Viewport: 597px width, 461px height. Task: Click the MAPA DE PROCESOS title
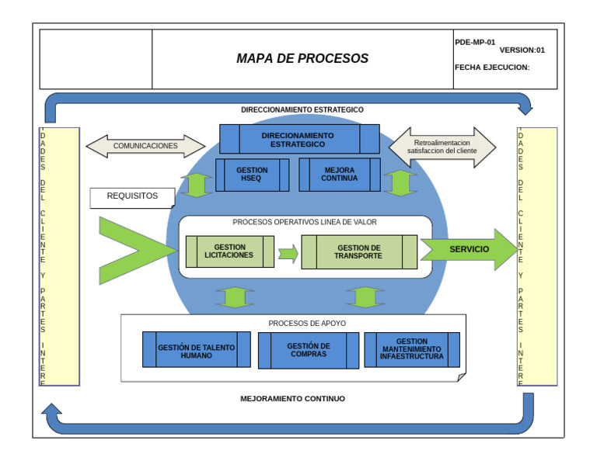pos(302,59)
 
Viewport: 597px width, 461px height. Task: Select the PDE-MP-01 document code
pos(475,43)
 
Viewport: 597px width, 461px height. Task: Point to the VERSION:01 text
pos(522,50)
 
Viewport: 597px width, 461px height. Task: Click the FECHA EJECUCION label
pos(491,68)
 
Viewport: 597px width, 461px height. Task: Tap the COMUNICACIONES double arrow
pos(145,146)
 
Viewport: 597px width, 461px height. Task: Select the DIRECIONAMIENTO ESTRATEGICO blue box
pos(298,140)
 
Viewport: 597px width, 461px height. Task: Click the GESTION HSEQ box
pos(252,175)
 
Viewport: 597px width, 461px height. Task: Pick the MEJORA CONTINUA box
pos(340,175)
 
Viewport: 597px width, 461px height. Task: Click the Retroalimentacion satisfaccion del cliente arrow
pos(442,147)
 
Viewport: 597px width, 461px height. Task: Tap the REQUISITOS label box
pos(131,197)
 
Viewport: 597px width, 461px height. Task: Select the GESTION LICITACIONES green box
pos(229,251)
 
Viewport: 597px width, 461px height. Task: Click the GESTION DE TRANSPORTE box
pos(359,251)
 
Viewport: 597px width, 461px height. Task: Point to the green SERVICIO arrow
pos(468,249)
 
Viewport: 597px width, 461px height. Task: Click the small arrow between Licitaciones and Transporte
pos(288,253)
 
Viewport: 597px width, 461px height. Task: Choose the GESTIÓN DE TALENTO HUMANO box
pos(196,350)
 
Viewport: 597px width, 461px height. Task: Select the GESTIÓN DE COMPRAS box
pos(309,350)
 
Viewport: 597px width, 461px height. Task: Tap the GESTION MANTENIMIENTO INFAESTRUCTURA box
pos(412,349)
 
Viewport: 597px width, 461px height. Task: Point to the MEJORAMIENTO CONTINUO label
pos(292,399)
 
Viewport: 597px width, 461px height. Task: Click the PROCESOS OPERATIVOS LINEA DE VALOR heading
pos(305,222)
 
